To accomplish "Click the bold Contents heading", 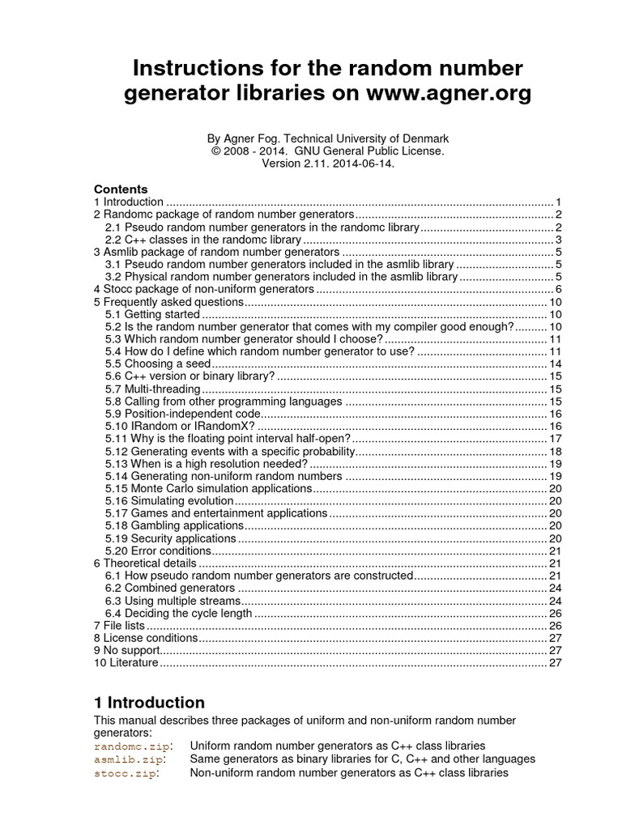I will (121, 189).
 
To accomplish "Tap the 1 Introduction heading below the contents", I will (149, 702).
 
